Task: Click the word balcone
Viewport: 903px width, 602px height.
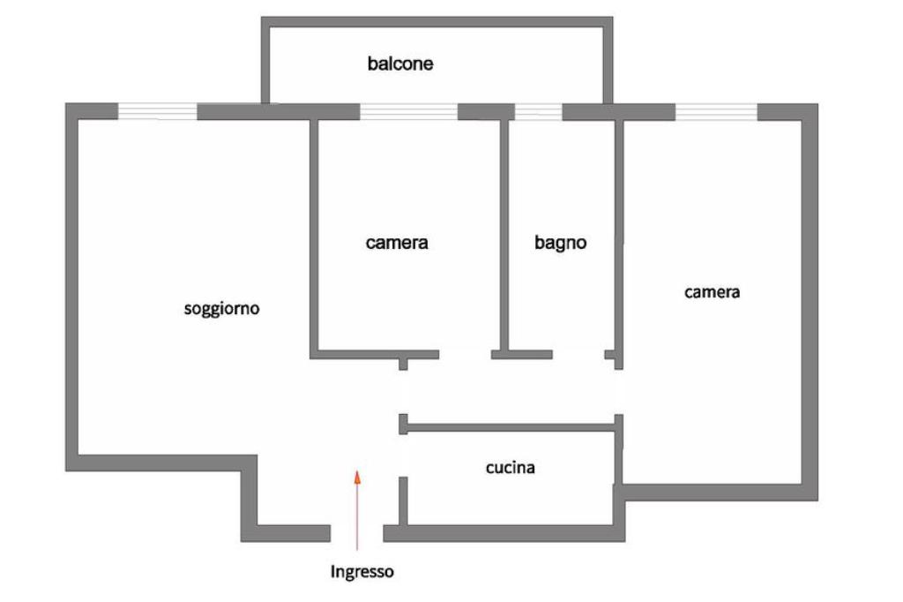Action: (x=400, y=64)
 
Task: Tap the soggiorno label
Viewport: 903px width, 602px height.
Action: (x=221, y=309)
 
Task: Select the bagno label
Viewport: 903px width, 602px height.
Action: (x=560, y=243)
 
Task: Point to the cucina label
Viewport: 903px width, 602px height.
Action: (x=510, y=468)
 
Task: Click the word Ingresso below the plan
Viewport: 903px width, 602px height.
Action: (x=362, y=572)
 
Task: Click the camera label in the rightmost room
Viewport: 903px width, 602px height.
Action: (x=712, y=292)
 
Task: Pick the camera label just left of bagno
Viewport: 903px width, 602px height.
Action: (x=397, y=243)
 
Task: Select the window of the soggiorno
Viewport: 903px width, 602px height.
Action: (x=157, y=111)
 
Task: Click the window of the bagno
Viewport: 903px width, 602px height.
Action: (x=538, y=111)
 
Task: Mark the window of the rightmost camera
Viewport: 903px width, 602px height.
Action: (x=716, y=111)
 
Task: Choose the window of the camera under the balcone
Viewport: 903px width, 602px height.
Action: (x=408, y=111)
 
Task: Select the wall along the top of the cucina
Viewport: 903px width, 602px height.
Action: (x=511, y=427)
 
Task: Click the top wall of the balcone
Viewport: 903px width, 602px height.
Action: (x=437, y=21)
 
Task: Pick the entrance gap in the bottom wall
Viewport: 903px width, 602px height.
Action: (x=356, y=533)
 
